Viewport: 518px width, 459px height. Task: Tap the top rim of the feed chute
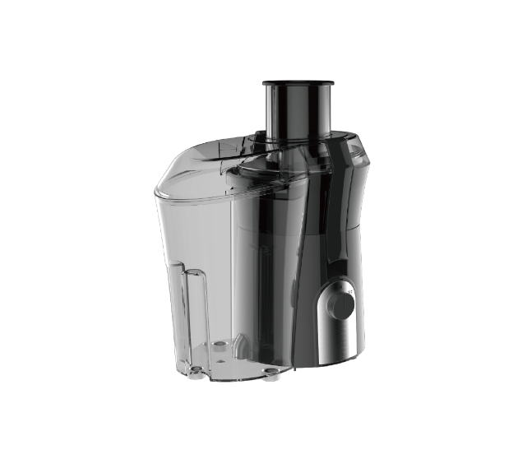[x=298, y=83]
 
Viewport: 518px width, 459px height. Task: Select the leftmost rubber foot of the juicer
[x=194, y=373]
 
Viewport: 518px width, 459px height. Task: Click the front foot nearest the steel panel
[x=269, y=374]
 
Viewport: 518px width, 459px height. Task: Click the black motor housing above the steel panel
[x=329, y=230]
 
